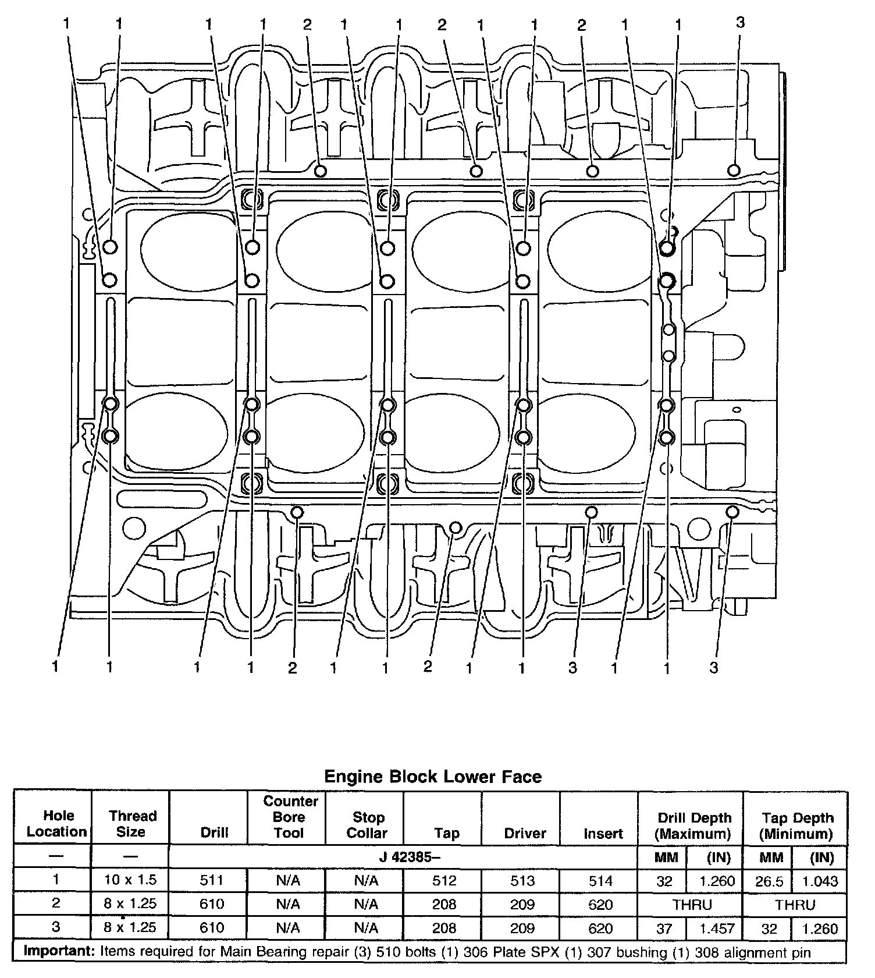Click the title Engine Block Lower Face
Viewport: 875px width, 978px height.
tap(432, 777)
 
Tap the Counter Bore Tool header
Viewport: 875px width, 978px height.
tap(289, 817)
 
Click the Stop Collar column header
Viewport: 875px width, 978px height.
tap(367, 825)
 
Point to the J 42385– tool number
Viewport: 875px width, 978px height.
tap(403, 857)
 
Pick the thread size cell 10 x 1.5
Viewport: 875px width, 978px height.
tap(130, 880)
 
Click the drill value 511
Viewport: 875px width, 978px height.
tap(212, 880)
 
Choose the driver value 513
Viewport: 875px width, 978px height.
tap(522, 881)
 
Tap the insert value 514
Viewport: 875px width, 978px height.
tap(600, 881)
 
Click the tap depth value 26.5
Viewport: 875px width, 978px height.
tap(769, 881)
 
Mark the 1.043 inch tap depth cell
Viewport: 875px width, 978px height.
tap(820, 881)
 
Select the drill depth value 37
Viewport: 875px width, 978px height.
tap(664, 928)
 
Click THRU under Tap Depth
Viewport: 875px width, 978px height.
tap(795, 905)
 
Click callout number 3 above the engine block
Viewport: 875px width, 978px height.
tap(740, 23)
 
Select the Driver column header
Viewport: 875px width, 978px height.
tap(525, 833)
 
